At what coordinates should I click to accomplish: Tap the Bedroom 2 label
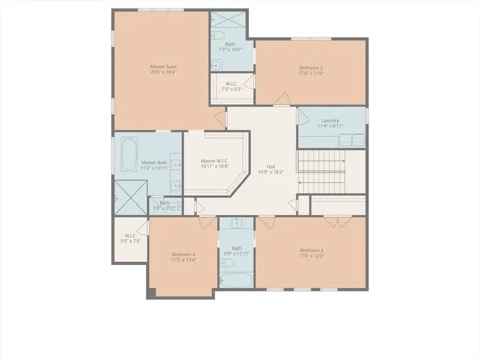point(311,68)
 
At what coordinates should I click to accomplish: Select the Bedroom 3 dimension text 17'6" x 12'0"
point(311,256)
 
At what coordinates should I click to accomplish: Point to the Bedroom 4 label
point(183,254)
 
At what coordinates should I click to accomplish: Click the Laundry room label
point(330,121)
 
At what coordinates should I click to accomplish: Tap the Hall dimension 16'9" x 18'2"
point(271,172)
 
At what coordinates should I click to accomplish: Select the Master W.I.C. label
point(215,161)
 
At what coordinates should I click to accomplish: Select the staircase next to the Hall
point(322,171)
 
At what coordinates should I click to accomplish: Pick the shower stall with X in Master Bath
point(130,198)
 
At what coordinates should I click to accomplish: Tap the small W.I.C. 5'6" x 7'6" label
point(131,238)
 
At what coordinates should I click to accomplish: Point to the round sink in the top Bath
point(215,66)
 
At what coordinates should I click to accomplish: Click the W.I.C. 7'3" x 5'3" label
point(231,86)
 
